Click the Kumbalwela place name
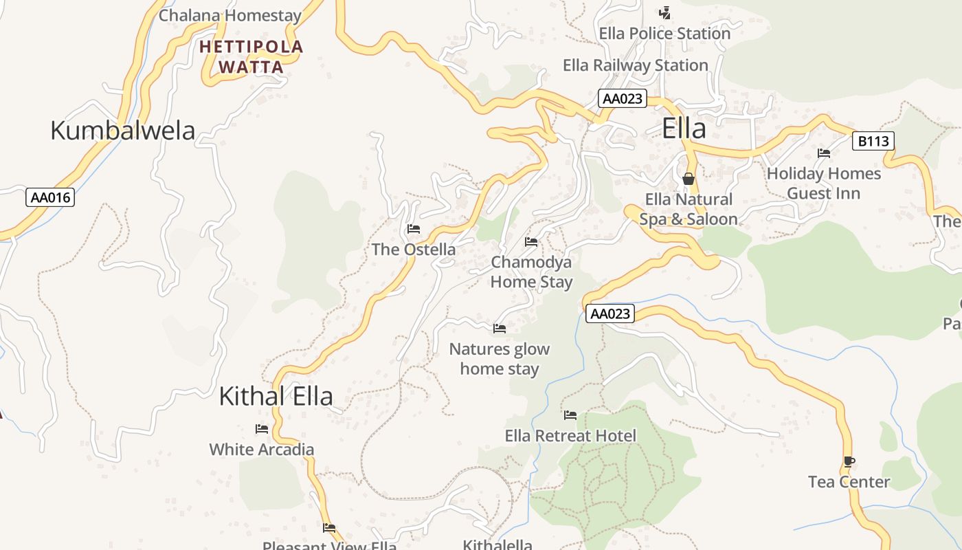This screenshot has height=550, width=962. point(123,130)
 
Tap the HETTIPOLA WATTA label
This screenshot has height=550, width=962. point(251,57)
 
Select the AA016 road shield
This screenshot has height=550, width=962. point(51,198)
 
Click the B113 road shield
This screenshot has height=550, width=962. point(873,142)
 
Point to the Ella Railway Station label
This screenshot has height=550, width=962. point(635,65)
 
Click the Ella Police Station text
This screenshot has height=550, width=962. point(664,33)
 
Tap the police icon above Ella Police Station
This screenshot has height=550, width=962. point(664,12)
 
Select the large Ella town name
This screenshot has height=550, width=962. point(684,129)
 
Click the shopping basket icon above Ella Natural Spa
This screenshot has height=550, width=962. point(689,179)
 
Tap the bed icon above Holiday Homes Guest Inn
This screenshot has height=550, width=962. point(824,153)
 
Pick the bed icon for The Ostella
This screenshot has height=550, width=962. point(414,229)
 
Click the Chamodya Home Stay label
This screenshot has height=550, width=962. point(531,272)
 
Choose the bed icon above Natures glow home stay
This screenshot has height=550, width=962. point(500,329)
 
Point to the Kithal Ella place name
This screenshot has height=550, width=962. point(276,396)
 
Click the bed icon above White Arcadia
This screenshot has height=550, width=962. point(262,429)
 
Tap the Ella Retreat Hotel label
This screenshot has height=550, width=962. point(570,435)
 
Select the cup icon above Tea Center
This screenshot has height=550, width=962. point(849,461)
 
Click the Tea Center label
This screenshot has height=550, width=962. point(849,482)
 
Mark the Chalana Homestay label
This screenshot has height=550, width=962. point(230,15)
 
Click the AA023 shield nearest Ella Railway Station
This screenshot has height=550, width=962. point(622,98)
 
